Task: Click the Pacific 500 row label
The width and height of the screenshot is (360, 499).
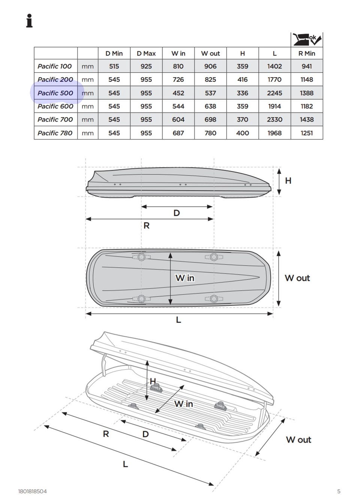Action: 55,93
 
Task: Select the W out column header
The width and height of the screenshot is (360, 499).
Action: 210,53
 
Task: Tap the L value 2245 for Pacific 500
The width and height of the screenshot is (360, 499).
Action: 274,93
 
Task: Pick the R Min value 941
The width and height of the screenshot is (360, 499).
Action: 307,66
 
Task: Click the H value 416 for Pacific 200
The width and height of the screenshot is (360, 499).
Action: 243,79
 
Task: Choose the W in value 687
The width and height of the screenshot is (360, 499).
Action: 178,133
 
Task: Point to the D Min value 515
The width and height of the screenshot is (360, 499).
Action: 114,66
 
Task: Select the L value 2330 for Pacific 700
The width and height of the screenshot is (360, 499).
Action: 274,120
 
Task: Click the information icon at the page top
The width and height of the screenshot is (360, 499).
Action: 29,21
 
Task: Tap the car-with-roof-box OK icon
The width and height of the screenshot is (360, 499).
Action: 307,39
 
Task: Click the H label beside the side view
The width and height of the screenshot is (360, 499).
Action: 288,181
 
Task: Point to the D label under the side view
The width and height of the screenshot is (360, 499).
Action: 177,213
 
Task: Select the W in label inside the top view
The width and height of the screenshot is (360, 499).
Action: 185,278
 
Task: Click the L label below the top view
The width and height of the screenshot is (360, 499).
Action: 178,320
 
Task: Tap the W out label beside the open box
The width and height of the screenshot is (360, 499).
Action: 298,440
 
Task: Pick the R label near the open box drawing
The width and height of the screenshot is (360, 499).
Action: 106,434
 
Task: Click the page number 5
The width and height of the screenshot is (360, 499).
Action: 339,491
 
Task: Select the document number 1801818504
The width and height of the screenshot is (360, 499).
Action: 33,491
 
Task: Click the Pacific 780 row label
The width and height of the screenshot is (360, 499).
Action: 55,133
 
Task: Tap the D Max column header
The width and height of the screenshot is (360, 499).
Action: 146,53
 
